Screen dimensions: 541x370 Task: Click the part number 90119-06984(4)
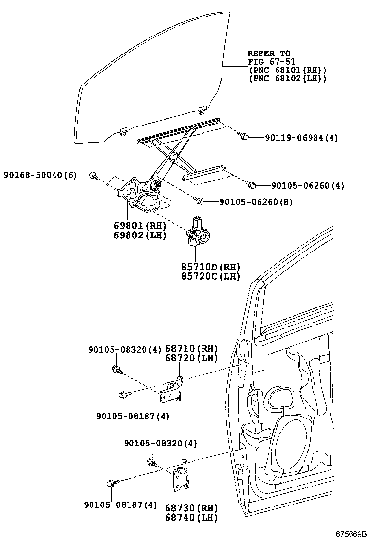pos(301,138)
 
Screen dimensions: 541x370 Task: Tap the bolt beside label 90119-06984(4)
pos(245,137)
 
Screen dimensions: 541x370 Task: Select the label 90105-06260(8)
pos(256,202)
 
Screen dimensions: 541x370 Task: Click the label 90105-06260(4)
pos(308,185)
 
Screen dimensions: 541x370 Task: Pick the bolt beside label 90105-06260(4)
pos(252,185)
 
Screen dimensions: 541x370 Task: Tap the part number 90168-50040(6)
pos(40,175)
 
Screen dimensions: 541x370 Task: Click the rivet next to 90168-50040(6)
pos(93,175)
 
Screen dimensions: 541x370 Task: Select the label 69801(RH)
pos(140,226)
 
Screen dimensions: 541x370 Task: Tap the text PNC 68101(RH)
pos(287,70)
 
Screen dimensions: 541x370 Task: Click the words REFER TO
pos(269,54)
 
